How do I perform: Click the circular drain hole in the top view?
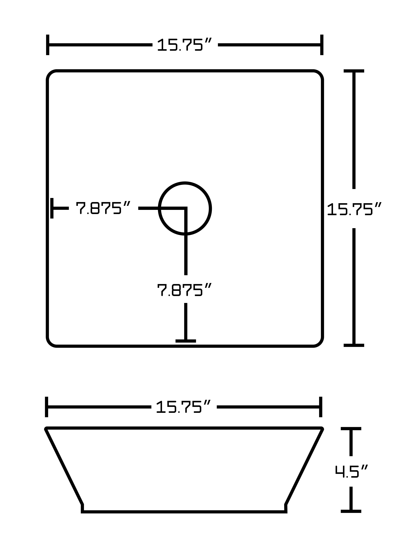(185, 208)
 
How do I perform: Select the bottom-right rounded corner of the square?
(319, 342)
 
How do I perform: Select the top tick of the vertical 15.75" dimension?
(354, 71)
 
